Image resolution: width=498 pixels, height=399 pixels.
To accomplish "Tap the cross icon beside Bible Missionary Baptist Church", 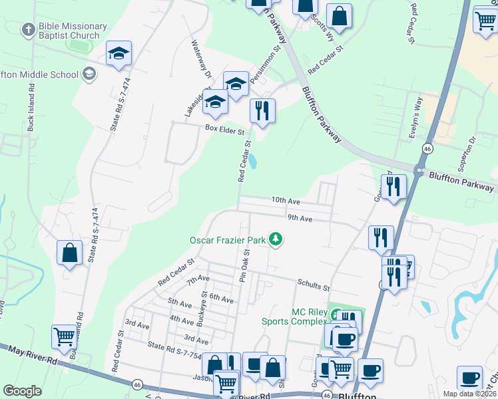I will tap(28, 30).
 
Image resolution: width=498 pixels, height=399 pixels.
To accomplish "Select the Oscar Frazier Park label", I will tap(228, 239).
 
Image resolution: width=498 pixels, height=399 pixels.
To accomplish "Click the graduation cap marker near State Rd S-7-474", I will tap(119, 55).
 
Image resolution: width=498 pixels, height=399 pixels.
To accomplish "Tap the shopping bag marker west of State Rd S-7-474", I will tap(69, 253).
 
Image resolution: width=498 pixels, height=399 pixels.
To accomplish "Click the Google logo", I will tap(23, 391).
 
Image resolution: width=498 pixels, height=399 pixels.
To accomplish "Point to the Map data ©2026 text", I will tap(469, 394).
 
